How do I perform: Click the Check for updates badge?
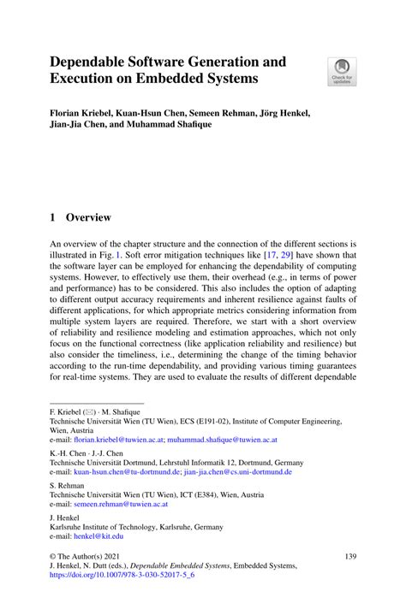(343, 71)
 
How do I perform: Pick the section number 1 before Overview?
(53, 218)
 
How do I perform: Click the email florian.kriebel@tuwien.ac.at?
(118, 440)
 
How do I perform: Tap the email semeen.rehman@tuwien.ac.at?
(124, 504)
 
